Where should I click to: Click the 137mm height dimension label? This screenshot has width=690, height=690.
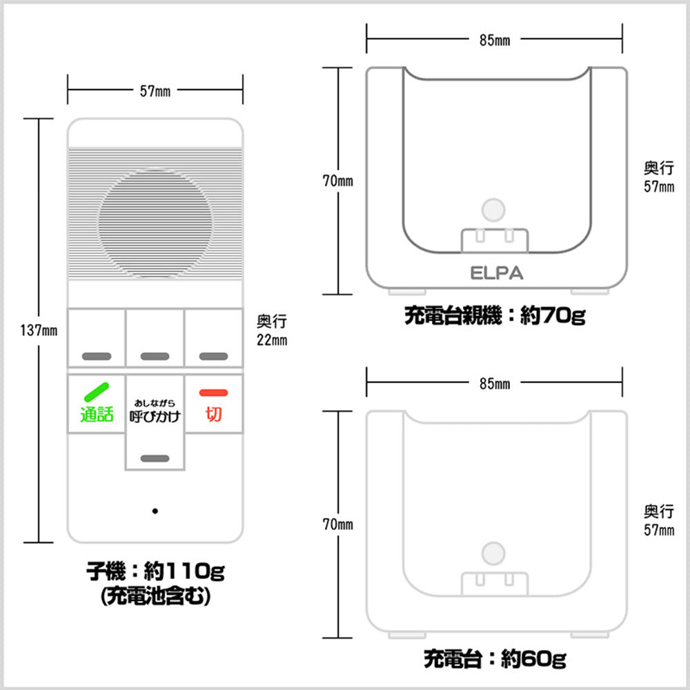pyautogui.click(x=39, y=330)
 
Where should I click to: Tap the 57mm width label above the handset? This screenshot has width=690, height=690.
pyautogui.click(x=155, y=90)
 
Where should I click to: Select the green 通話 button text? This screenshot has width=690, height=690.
pyautogui.click(x=97, y=415)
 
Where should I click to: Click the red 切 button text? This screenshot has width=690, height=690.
pyautogui.click(x=213, y=415)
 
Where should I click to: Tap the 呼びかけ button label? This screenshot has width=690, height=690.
pyautogui.click(x=155, y=416)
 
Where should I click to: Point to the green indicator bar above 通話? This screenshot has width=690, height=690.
pyautogui.click(x=97, y=392)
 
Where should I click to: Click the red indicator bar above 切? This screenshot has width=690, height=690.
pyautogui.click(x=213, y=393)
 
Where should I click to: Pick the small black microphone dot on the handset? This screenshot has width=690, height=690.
pyautogui.click(x=155, y=511)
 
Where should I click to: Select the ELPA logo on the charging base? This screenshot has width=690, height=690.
pyautogui.click(x=496, y=273)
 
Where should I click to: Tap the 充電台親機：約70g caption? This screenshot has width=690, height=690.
pyautogui.click(x=494, y=317)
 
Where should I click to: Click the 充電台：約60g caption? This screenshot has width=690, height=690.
pyautogui.click(x=494, y=659)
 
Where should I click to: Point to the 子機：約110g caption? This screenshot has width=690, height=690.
pyautogui.click(x=155, y=571)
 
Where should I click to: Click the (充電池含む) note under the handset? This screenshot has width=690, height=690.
pyautogui.click(x=155, y=597)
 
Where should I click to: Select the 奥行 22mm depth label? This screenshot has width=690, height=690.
pyautogui.click(x=272, y=330)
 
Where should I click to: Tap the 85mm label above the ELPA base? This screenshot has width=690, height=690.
pyautogui.click(x=494, y=40)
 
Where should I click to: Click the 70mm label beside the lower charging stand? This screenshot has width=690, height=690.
pyautogui.click(x=338, y=525)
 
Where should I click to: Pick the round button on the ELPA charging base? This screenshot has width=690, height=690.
pyautogui.click(x=492, y=209)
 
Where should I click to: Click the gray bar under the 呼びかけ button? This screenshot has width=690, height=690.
pyautogui.click(x=155, y=458)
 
